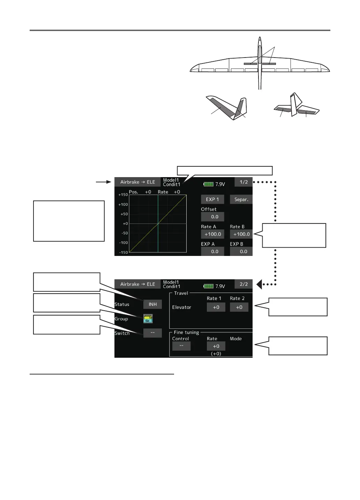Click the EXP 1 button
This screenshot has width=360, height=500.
212,199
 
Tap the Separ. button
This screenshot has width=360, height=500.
241,199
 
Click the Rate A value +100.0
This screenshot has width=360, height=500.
212,234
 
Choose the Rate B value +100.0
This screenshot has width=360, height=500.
241,234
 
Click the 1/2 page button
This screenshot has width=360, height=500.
243,182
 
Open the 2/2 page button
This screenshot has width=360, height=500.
243,284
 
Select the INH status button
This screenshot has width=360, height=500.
152,304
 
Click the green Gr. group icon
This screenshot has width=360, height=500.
148,318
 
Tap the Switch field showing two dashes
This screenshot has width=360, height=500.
152,333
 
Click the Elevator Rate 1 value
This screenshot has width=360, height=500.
216,307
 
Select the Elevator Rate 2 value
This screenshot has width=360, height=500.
239,307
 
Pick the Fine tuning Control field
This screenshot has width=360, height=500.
181,346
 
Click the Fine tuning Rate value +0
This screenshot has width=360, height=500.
216,346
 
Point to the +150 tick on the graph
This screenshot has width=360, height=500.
123,195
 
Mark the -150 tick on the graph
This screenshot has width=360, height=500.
123,252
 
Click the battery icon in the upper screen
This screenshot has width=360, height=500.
208,184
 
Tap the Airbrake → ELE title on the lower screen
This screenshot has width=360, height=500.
138,284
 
